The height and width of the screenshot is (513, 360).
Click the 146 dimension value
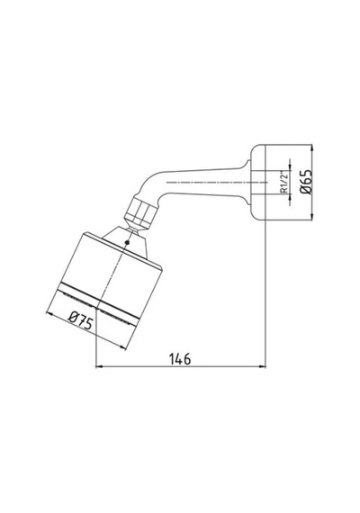tap(180, 359)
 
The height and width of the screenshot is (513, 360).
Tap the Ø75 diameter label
tap(80, 320)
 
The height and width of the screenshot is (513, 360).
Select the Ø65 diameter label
tap(308, 182)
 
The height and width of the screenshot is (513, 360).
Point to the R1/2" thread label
tap(284, 182)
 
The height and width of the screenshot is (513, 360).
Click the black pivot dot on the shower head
tap(127, 242)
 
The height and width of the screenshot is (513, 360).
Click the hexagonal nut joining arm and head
tap(140, 211)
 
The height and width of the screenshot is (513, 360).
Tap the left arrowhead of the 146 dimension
tap(99, 367)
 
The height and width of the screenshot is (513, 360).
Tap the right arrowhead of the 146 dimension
tap(262, 367)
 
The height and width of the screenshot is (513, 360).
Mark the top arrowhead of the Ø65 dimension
tap(311, 148)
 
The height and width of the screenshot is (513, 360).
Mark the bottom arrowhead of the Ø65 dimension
tap(311, 216)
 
